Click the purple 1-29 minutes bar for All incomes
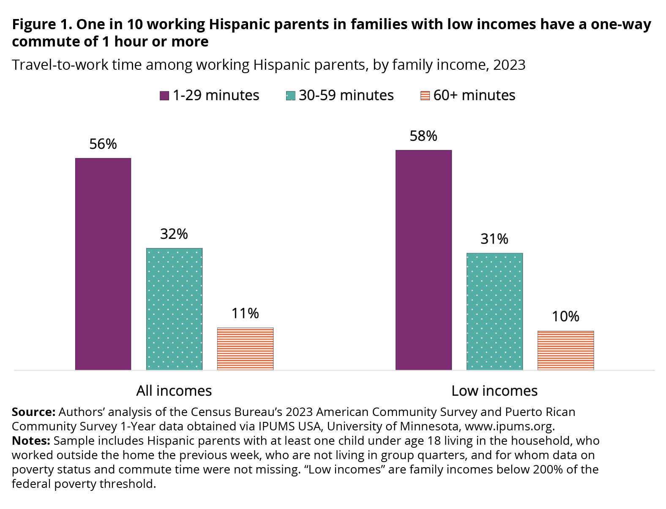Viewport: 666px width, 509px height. [103, 264]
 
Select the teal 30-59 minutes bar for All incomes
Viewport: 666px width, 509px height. [174, 309]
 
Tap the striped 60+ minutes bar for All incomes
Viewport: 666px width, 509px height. [245, 349]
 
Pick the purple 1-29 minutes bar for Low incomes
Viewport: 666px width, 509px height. [423, 260]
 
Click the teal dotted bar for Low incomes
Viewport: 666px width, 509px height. [494, 311]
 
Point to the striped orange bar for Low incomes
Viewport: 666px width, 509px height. [565, 350]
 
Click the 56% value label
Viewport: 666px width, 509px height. [103, 144]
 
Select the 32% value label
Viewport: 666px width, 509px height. [174, 234]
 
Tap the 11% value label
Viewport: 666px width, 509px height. [245, 313]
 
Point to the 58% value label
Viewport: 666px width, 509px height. [423, 136]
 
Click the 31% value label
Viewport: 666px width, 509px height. [494, 239]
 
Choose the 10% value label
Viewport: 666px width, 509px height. [565, 317]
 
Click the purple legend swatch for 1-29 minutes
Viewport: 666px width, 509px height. [164, 96]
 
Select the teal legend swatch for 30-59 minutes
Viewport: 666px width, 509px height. [290, 96]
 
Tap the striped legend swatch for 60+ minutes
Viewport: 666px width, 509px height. [425, 96]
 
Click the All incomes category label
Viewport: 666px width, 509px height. [174, 391]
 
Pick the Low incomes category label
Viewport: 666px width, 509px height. [494, 391]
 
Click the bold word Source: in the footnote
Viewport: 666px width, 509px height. [33, 412]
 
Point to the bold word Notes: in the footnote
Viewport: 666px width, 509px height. [31, 441]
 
